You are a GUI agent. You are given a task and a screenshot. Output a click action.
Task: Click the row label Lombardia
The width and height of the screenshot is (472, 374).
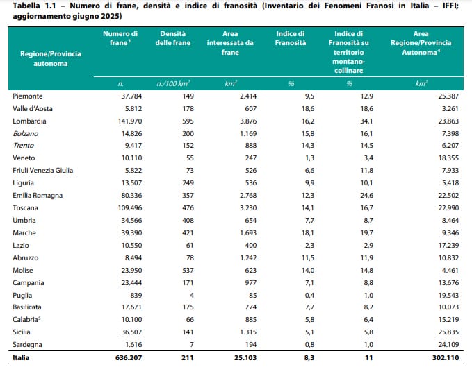[x=29, y=121]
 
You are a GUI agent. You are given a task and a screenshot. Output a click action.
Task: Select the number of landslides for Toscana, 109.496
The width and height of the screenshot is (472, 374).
[x=131, y=208]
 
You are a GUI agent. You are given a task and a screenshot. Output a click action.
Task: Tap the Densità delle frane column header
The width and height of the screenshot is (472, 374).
[x=173, y=38]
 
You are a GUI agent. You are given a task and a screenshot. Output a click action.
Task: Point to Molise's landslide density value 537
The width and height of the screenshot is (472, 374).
[x=188, y=271]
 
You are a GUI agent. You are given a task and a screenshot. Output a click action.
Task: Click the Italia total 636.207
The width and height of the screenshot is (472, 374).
[x=128, y=358]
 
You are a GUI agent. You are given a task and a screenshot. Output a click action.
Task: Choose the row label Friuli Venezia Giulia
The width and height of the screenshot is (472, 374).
[x=42, y=170]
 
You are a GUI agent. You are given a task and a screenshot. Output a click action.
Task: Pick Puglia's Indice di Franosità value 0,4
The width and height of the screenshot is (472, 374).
[x=309, y=296]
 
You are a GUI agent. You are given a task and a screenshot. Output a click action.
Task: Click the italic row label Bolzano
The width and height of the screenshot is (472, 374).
[x=25, y=133]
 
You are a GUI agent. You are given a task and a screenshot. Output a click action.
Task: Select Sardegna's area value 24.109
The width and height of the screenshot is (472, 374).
[x=448, y=345]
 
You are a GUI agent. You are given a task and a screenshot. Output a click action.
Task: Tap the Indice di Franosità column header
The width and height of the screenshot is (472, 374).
[x=291, y=38]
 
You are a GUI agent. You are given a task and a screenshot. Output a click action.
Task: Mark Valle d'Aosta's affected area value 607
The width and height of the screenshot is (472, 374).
[x=250, y=108]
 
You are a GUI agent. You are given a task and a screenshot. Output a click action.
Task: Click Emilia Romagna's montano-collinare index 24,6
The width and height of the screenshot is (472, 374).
[x=366, y=195]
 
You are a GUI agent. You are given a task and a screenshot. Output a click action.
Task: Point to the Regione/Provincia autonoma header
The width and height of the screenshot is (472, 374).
[x=51, y=58]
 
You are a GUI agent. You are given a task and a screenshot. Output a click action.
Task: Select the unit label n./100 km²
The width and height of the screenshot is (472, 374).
[x=173, y=83]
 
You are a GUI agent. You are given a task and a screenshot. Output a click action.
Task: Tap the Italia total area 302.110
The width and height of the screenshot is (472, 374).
[x=446, y=358]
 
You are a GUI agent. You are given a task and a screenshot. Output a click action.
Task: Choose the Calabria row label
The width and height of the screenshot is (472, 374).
[x=26, y=320]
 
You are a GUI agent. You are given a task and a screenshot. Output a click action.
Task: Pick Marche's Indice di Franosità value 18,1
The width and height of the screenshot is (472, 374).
[x=308, y=233]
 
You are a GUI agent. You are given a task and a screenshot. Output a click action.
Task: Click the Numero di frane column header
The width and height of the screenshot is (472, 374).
[x=120, y=38]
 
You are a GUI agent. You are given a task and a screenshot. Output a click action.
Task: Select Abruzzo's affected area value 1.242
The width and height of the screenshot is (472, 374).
[x=248, y=257]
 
